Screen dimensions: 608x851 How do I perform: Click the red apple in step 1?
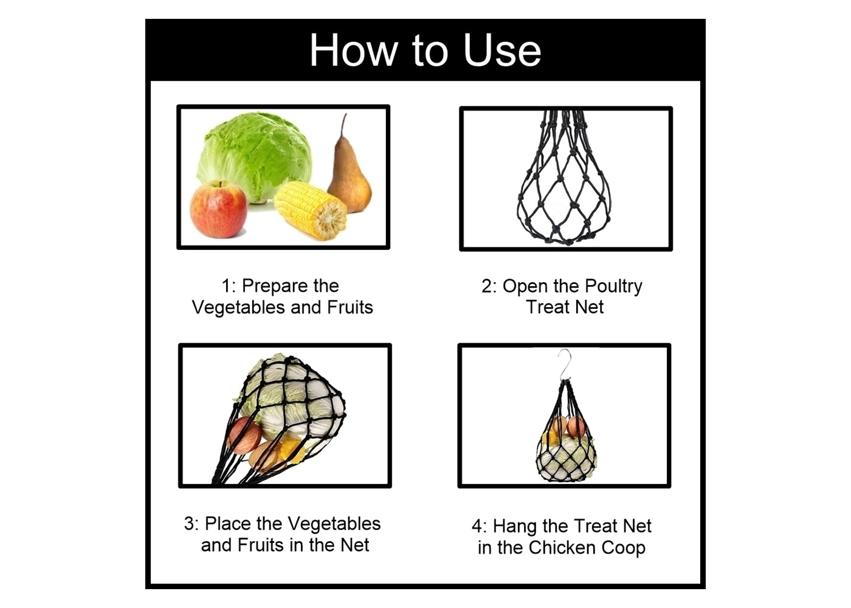tap(218, 209)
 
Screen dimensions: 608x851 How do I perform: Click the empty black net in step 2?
tap(564, 182)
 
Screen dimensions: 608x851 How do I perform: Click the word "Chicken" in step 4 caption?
tap(561, 548)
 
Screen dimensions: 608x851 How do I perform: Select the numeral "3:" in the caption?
tap(191, 523)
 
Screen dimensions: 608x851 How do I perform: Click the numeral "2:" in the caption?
tap(489, 286)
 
